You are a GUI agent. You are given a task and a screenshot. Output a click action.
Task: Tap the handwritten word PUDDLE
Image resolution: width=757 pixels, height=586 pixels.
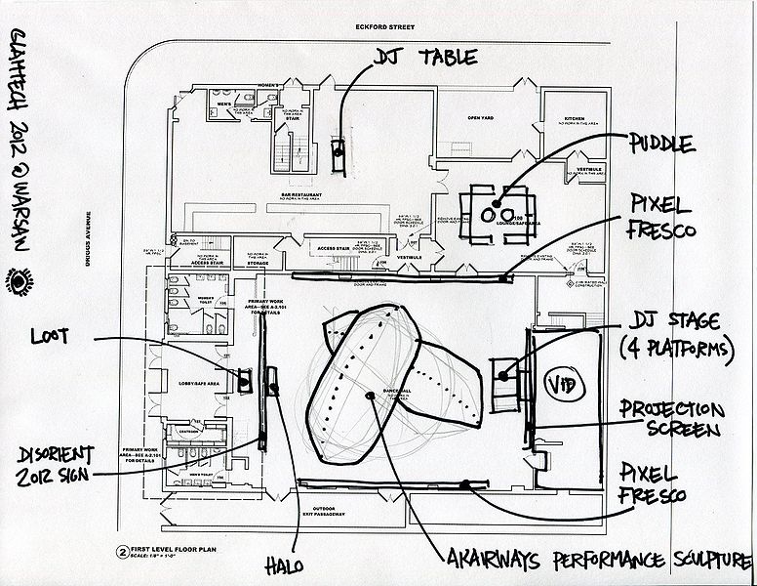(661, 144)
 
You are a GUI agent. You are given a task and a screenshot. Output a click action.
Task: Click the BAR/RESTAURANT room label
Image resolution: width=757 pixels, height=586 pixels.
(301, 195)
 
